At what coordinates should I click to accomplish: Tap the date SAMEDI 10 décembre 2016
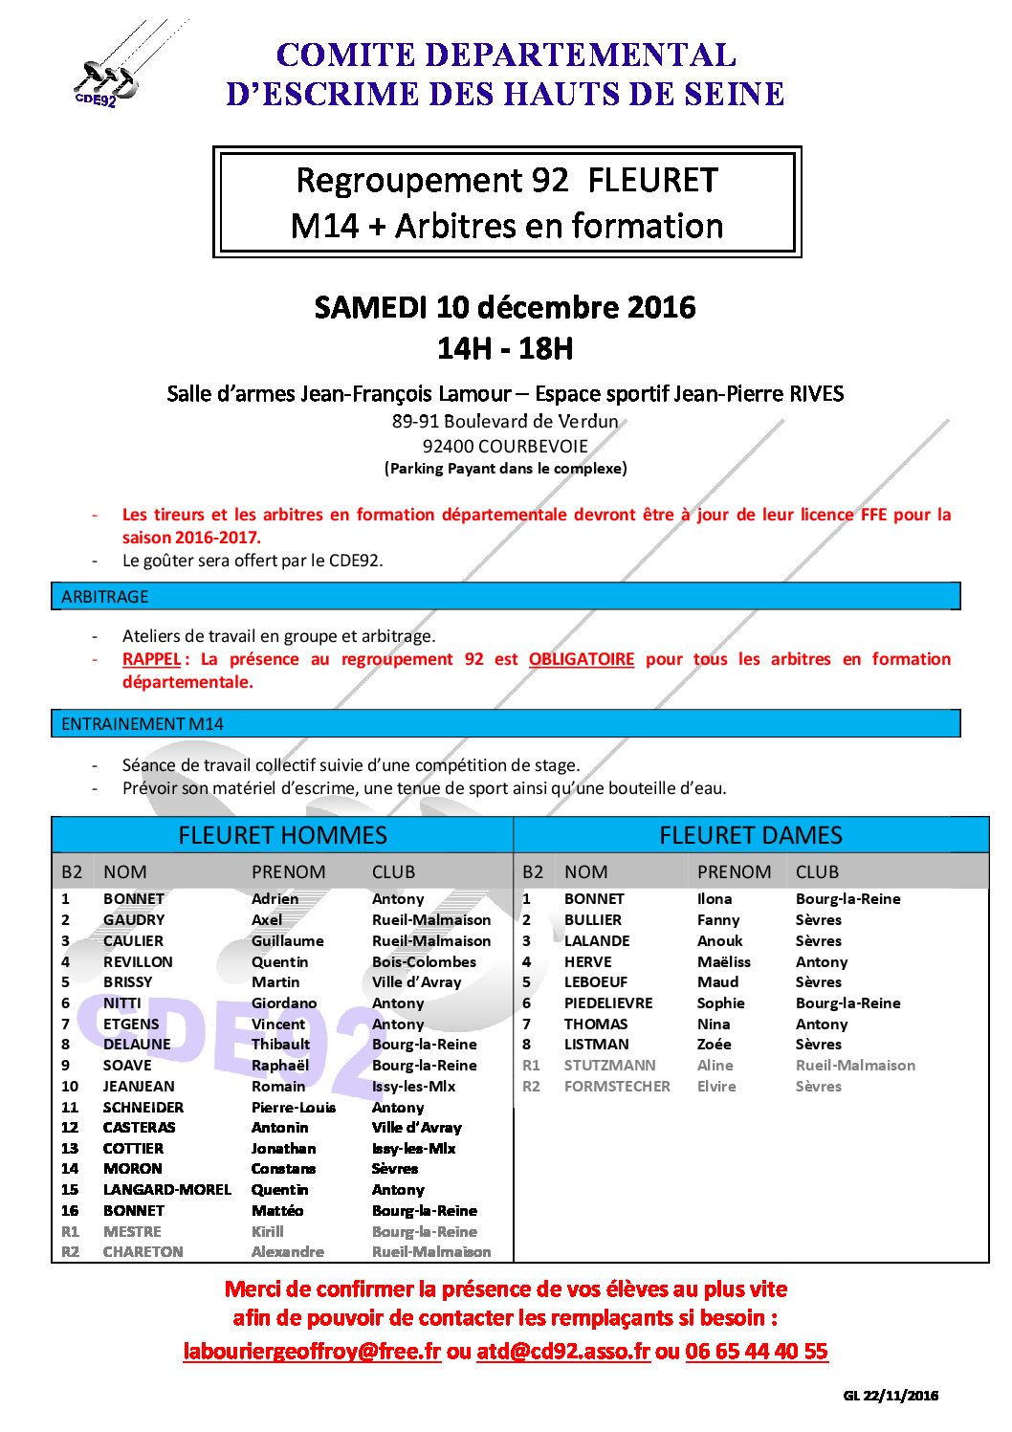pyautogui.click(x=505, y=307)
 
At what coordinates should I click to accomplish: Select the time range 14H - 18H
pyautogui.click(x=505, y=348)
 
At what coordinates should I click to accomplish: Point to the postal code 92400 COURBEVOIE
pyautogui.click(x=505, y=446)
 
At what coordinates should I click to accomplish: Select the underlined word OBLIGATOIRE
pyautogui.click(x=582, y=659)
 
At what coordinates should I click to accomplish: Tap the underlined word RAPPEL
pyautogui.click(x=151, y=659)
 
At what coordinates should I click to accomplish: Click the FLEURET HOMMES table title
pyautogui.click(x=282, y=835)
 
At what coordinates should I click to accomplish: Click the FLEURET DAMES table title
pyautogui.click(x=751, y=835)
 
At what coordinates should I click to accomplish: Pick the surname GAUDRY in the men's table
pyautogui.click(x=134, y=920)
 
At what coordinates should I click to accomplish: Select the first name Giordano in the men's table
pyautogui.click(x=284, y=1003)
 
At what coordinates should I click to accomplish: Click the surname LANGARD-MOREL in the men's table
pyautogui.click(x=167, y=1190)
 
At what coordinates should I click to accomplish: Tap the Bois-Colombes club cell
pyautogui.click(x=424, y=962)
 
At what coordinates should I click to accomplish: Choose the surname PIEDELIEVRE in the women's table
pyautogui.click(x=608, y=1003)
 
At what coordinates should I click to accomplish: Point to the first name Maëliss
pyautogui.click(x=724, y=962)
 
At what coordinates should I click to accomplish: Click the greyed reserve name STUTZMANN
pyautogui.click(x=610, y=1066)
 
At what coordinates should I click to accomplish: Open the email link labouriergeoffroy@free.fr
pyautogui.click(x=312, y=1352)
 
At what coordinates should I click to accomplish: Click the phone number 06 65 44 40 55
pyautogui.click(x=757, y=1352)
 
